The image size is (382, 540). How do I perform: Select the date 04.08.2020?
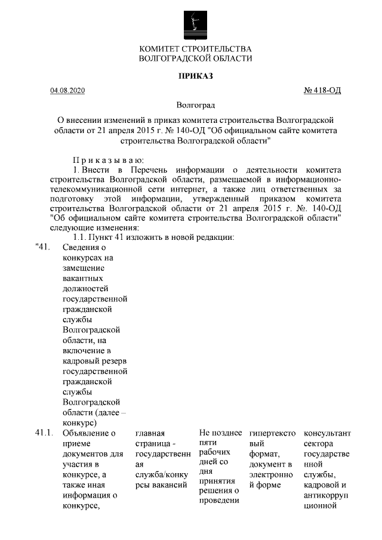point(68,91)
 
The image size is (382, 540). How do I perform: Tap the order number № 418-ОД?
point(322,91)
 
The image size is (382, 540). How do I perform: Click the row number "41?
point(41,247)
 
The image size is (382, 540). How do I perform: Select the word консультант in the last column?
point(327,433)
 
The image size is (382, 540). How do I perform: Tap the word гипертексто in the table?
point(272,433)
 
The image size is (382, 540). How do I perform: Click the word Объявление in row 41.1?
point(88,433)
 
